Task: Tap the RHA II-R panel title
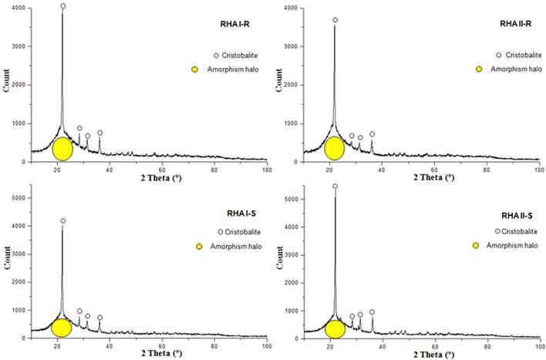point(502,25)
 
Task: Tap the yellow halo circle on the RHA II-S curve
point(335,329)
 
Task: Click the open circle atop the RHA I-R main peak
point(63,6)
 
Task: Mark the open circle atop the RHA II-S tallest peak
point(335,186)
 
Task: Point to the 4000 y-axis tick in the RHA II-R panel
point(290,8)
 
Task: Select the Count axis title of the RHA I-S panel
point(7,266)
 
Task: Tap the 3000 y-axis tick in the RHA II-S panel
point(290,254)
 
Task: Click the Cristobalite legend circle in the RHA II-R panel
point(499,56)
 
